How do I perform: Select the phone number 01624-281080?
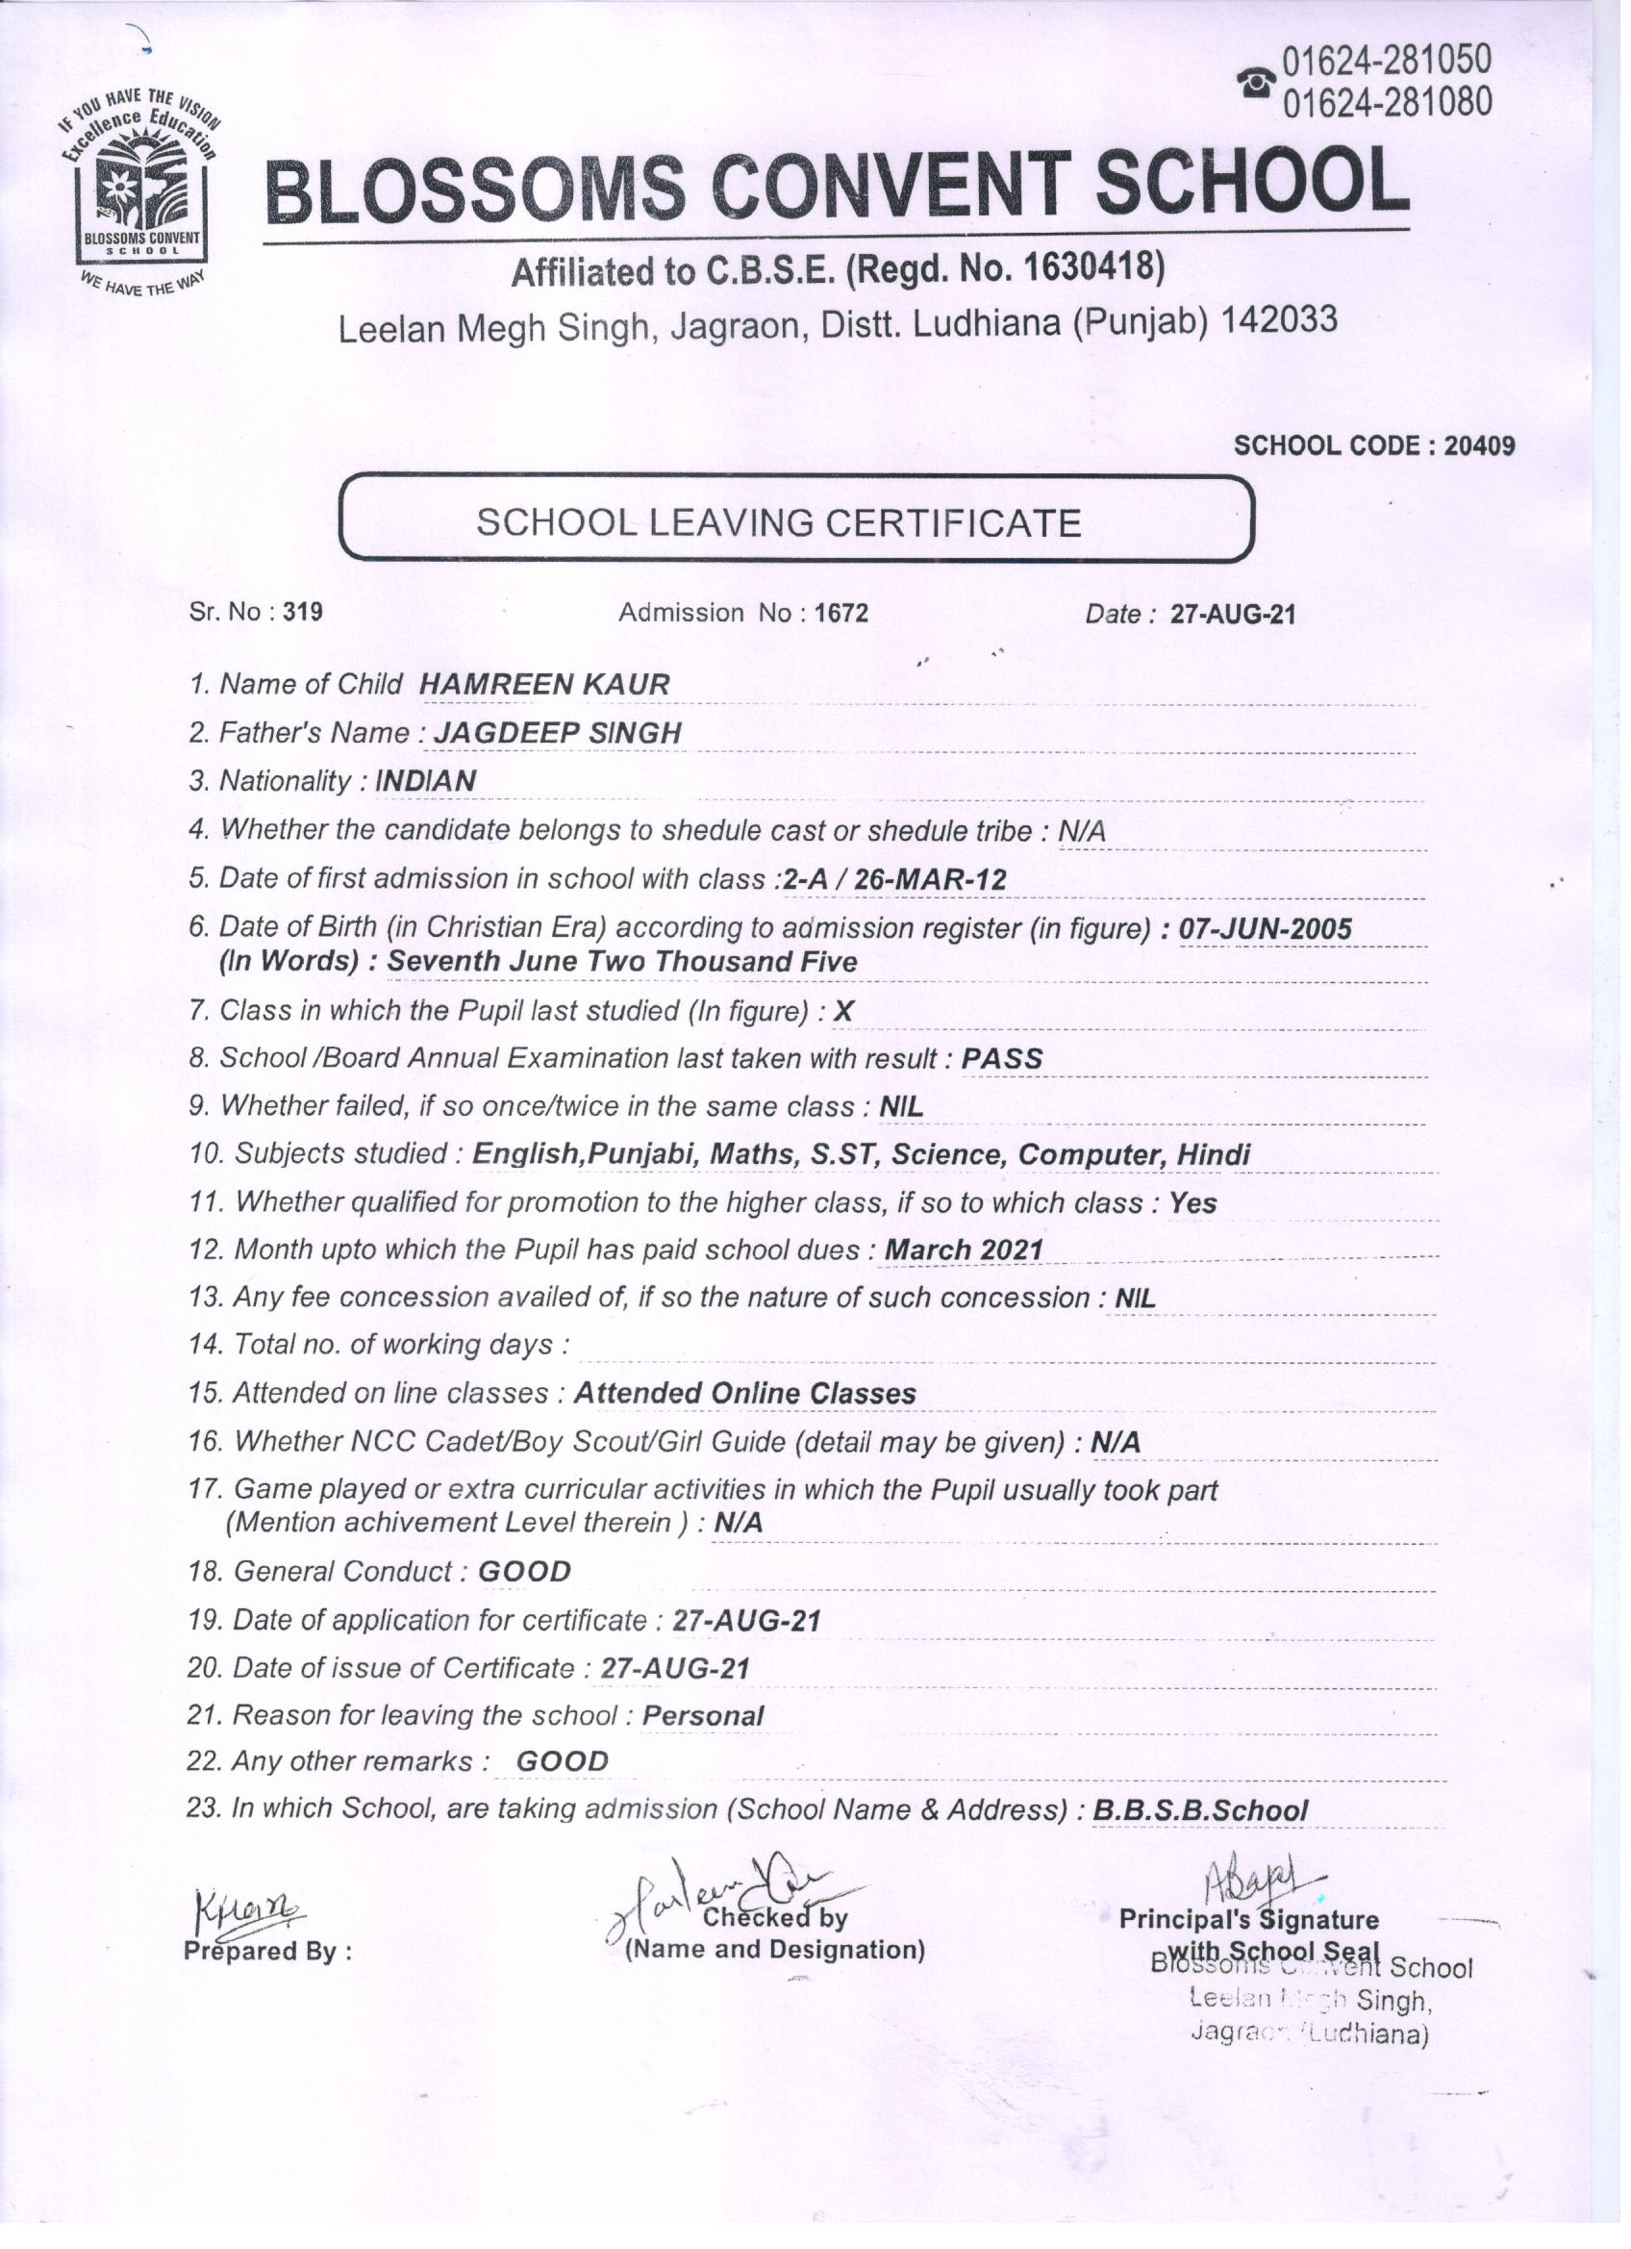(x=1387, y=100)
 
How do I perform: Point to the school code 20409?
(x=1478, y=446)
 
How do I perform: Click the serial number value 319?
(x=302, y=612)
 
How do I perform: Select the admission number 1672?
(x=841, y=613)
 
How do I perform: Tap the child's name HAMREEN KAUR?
(x=544, y=684)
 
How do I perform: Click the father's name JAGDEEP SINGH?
(x=558, y=733)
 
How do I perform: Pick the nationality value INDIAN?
(x=425, y=780)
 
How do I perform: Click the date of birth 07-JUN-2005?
(x=1265, y=928)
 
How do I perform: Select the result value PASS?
(x=1001, y=1058)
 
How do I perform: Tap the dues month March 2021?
(x=964, y=1250)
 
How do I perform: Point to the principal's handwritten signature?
(x=1258, y=1875)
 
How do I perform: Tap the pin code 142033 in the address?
(x=1279, y=319)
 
